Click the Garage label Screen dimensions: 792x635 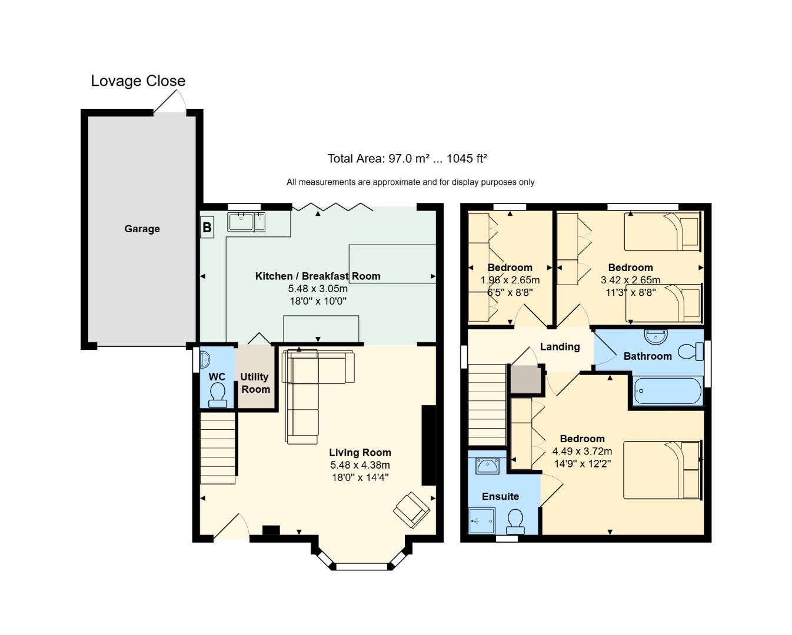(x=142, y=229)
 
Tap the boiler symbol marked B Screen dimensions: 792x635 (x=207, y=227)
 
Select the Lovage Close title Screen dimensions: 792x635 (x=138, y=81)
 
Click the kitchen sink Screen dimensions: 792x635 (x=246, y=222)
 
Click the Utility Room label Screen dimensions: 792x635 (x=255, y=383)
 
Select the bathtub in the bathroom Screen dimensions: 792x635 (x=668, y=391)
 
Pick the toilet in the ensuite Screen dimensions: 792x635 (x=515, y=522)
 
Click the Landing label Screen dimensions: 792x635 (x=560, y=347)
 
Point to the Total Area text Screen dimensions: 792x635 (x=407, y=159)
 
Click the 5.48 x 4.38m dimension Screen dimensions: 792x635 (x=360, y=464)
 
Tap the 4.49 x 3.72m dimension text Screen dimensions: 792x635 (x=582, y=451)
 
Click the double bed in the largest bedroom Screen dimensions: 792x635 (x=662, y=470)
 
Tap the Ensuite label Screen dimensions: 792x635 (x=500, y=496)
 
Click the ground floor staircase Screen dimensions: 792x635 (x=218, y=448)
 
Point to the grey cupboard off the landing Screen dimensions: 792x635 (x=525, y=379)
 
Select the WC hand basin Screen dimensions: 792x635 (x=205, y=359)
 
